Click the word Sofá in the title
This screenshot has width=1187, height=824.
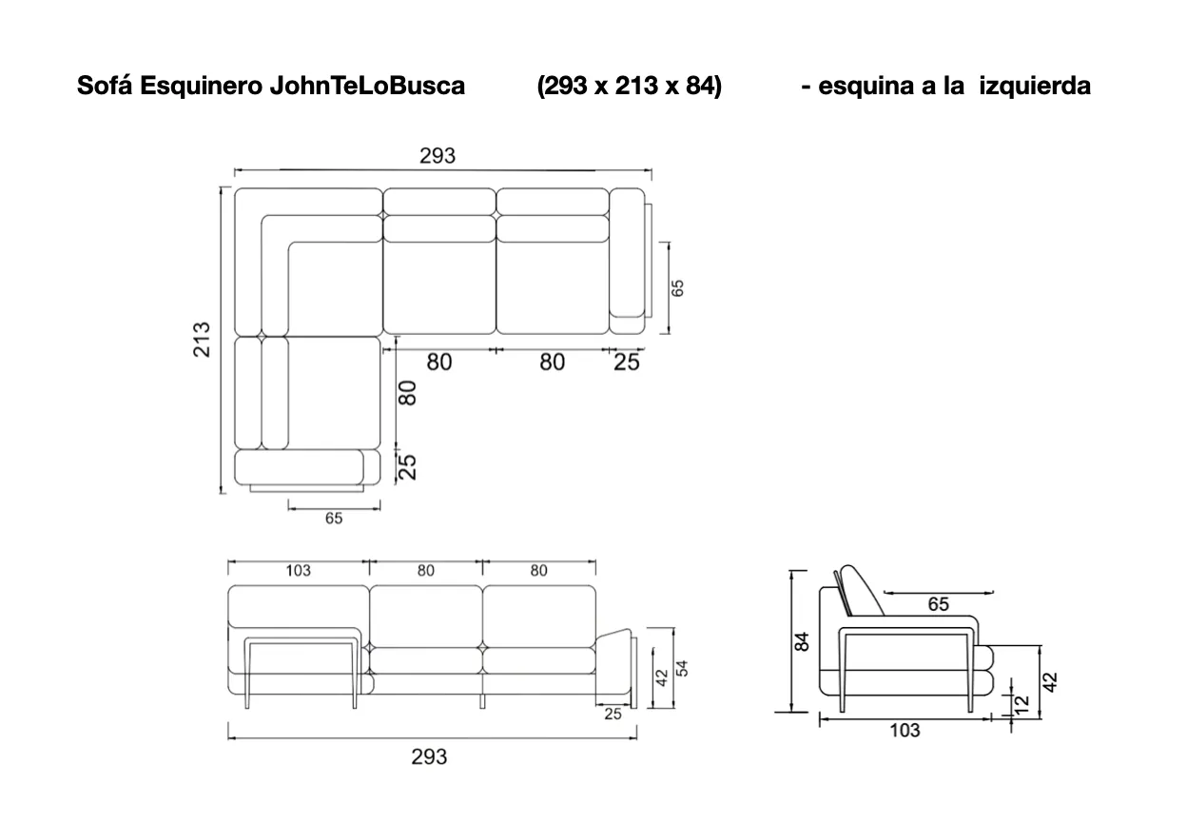[x=105, y=86]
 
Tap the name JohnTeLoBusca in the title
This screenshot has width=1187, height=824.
[x=367, y=86]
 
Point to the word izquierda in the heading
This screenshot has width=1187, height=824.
[x=1035, y=86]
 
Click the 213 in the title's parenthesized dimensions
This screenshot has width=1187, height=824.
[x=635, y=86]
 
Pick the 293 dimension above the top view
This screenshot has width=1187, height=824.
[x=438, y=156]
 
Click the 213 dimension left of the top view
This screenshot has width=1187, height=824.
[x=202, y=340]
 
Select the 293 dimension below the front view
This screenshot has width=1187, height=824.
[x=429, y=756]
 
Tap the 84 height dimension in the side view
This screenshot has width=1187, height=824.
[x=802, y=641]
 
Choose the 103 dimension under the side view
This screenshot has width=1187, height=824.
[x=905, y=731]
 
